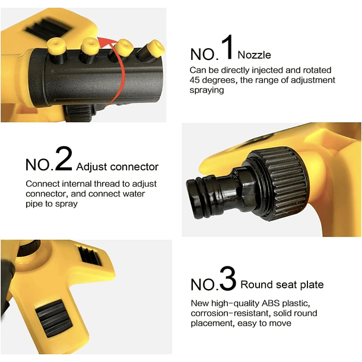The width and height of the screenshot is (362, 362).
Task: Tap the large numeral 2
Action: coord(63,158)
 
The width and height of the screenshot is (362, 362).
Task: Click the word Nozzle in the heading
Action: coord(254,55)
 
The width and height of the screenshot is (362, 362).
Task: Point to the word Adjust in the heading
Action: coord(91,167)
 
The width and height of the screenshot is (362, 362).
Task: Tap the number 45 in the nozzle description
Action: coord(196,80)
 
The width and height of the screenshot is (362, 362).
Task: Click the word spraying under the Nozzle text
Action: coord(207,90)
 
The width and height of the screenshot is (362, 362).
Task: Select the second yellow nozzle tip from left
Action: coord(90,45)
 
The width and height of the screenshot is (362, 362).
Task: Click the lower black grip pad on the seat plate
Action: coord(54,318)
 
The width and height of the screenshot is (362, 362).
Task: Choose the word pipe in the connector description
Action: coord(33,204)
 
